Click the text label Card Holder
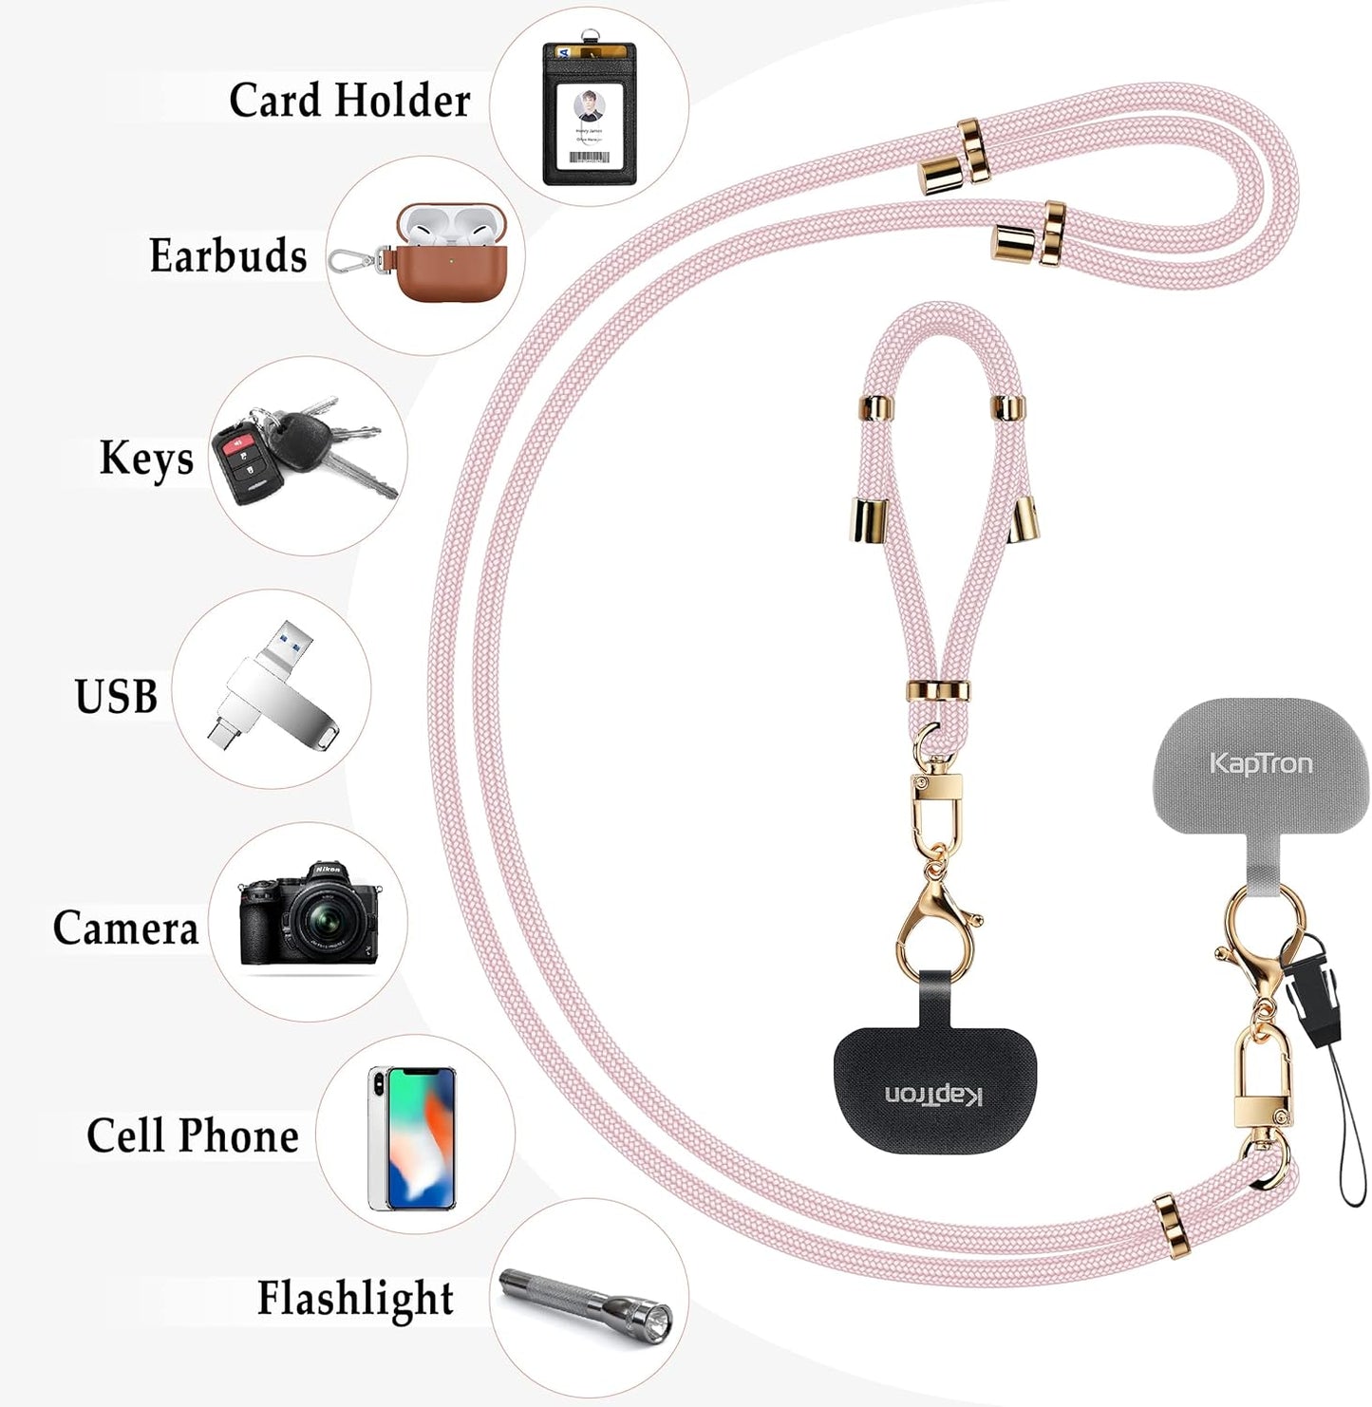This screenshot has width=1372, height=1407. coord(349,100)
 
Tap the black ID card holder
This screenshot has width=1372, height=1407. coord(589,114)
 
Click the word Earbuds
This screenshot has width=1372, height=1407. coord(228,255)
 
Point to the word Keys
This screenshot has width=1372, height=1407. coord(146,459)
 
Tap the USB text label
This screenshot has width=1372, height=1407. coord(116,696)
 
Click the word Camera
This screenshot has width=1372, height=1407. coord(125,928)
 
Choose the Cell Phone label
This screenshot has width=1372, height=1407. coord(193,1135)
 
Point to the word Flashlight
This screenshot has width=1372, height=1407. coord(355,1298)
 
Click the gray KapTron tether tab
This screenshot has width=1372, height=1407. coord(1261,788)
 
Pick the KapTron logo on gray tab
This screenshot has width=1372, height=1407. coord(1261,763)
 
